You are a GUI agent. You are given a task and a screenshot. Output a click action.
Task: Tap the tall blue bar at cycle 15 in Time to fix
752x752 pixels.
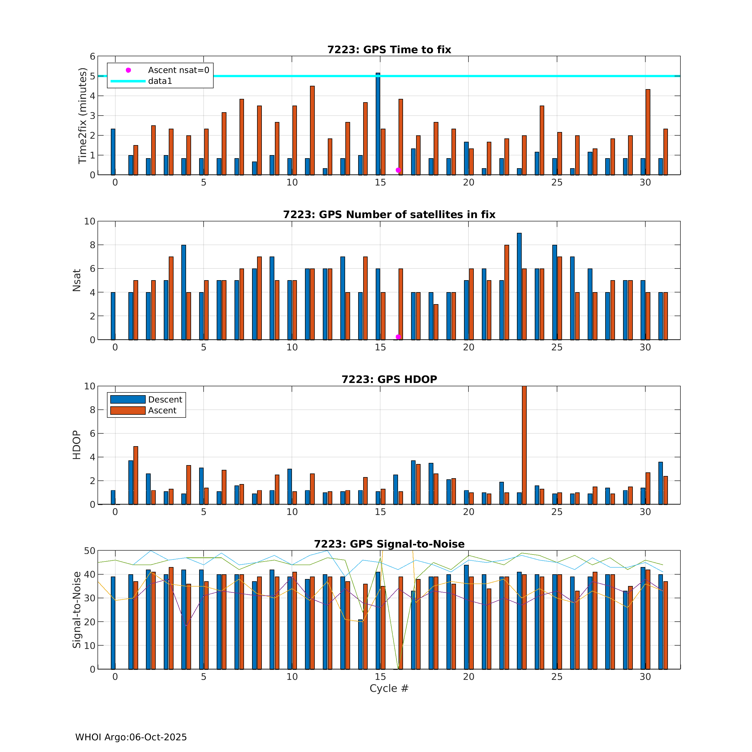(x=378, y=124)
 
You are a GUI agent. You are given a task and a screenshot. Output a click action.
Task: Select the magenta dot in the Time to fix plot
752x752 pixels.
(x=398, y=170)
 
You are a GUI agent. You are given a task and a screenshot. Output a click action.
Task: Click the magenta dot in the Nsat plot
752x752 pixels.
(x=398, y=337)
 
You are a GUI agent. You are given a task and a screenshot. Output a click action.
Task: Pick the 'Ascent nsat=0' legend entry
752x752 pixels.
(x=178, y=70)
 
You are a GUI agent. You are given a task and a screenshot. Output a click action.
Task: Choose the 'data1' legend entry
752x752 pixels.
(x=160, y=81)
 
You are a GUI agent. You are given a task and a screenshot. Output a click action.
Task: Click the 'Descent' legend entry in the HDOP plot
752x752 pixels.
(x=165, y=399)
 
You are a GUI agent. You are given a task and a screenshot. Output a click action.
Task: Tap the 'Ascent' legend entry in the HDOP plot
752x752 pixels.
(x=162, y=410)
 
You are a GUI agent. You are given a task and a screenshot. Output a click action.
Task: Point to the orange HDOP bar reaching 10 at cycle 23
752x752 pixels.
(x=524, y=446)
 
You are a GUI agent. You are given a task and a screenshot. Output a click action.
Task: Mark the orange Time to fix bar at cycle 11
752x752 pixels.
(x=312, y=130)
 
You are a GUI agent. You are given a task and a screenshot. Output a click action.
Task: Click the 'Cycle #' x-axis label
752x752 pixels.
(x=389, y=688)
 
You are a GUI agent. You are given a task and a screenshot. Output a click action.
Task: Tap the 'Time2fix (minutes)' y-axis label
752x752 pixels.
(x=82, y=116)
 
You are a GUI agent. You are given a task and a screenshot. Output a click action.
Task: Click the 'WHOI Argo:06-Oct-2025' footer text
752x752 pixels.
(x=131, y=737)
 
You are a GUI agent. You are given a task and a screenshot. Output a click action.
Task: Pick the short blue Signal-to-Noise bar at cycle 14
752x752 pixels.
(x=360, y=644)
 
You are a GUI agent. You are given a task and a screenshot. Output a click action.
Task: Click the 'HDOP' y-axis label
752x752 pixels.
(x=77, y=445)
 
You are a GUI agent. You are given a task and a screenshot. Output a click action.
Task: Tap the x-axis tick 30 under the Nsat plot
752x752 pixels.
(x=645, y=347)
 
